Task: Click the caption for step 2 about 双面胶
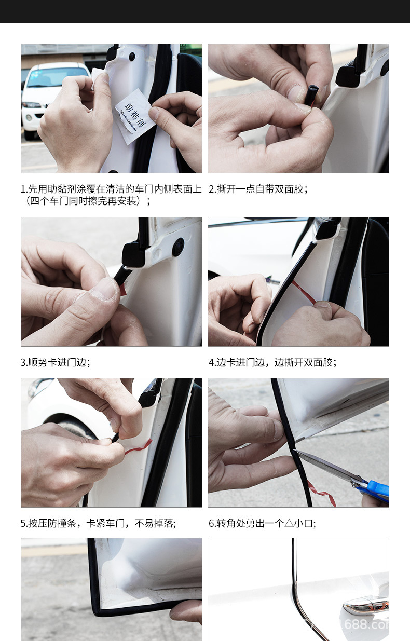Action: pos(258,189)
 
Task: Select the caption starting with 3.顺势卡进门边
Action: pos(56,362)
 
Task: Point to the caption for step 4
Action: pos(272,362)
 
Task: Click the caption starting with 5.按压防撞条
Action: pos(98,523)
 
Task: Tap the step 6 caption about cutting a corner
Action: pos(262,523)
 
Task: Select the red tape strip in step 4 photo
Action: pos(303,292)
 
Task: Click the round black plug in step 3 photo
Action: pos(178,247)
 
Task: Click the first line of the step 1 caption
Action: pos(111,189)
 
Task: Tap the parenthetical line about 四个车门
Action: pos(86,201)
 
